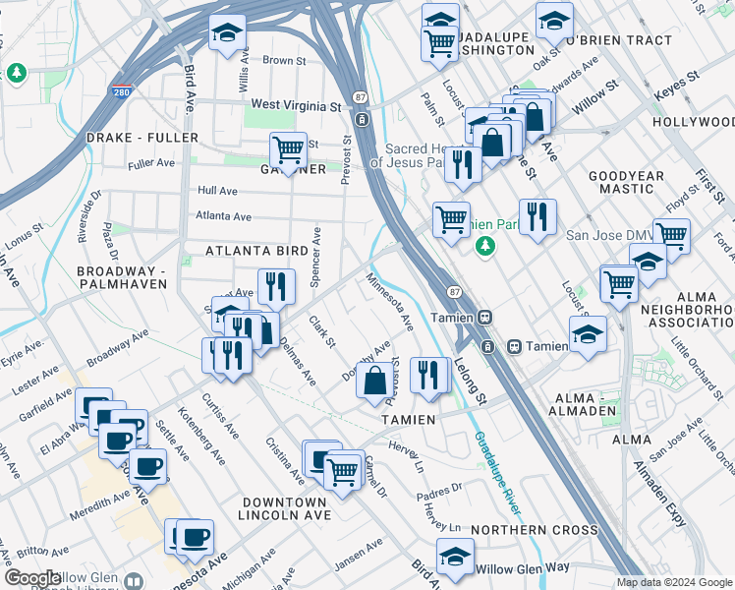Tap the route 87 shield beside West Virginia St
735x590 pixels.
coord(361,96)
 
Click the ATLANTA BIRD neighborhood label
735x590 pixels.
coord(256,252)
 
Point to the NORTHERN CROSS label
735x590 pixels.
coord(534,530)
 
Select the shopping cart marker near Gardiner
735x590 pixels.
coord(288,150)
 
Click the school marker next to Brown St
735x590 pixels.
coord(227,33)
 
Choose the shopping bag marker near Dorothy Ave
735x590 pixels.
coord(374,381)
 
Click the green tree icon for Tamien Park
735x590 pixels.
coord(483,246)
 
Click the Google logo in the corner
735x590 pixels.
coord(33,578)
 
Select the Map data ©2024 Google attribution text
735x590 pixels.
coord(673,582)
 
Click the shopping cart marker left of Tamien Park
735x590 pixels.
coord(451,219)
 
